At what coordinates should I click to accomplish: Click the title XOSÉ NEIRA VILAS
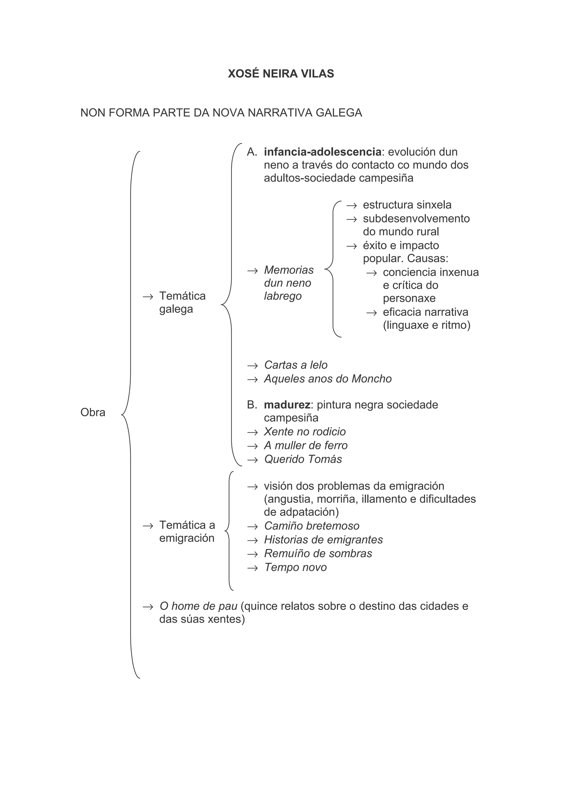tap(281, 74)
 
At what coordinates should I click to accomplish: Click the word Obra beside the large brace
tap(93, 412)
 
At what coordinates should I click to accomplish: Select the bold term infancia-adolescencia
tap(322, 152)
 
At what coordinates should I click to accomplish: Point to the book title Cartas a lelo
tap(295, 365)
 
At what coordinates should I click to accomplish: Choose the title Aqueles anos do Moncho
tap(328, 379)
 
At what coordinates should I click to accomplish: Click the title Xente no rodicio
tap(305, 432)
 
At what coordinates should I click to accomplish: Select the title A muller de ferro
tap(306, 445)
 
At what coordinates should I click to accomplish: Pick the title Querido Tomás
tap(303, 459)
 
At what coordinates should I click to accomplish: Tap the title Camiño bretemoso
tap(312, 526)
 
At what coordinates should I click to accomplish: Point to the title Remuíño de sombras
tap(318, 553)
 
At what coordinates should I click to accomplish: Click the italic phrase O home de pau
tap(198, 606)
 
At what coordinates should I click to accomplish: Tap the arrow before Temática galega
tap(148, 296)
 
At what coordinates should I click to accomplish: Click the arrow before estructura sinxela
tap(352, 205)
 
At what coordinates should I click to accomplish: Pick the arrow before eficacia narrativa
tap(372, 313)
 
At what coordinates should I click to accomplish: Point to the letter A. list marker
tap(252, 152)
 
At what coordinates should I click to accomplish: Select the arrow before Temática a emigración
tap(148, 526)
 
